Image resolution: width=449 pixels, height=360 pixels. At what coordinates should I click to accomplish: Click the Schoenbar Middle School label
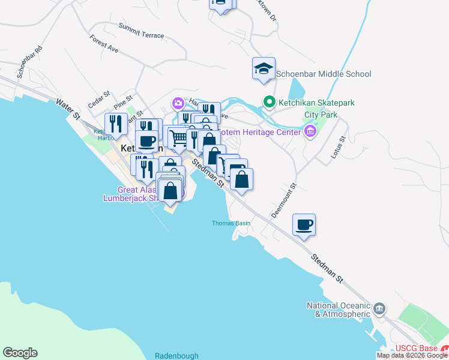pyautogui.click(x=324, y=74)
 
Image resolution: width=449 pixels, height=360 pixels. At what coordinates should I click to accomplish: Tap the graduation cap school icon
pyautogui.click(x=264, y=69)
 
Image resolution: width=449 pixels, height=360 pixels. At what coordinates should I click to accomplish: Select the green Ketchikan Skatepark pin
pyautogui.click(x=270, y=103)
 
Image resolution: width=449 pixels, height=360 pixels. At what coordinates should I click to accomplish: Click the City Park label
pyautogui.click(x=321, y=115)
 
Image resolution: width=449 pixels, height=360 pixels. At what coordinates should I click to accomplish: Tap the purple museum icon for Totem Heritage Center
pyautogui.click(x=310, y=131)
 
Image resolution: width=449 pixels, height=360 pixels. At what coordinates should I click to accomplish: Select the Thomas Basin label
pyautogui.click(x=231, y=223)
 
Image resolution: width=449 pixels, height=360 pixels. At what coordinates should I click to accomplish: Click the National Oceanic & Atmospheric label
pyautogui.click(x=338, y=310)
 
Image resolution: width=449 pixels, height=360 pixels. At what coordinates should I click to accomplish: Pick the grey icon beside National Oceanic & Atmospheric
pyautogui.click(x=379, y=309)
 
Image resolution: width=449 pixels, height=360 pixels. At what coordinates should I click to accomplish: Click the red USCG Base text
pyautogui.click(x=416, y=349)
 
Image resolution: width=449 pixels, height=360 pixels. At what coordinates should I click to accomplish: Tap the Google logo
pyautogui.click(x=20, y=353)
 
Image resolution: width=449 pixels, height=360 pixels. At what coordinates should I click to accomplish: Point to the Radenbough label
pyautogui.click(x=175, y=355)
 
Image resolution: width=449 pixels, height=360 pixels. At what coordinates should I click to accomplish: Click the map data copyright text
pyautogui.click(x=412, y=355)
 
